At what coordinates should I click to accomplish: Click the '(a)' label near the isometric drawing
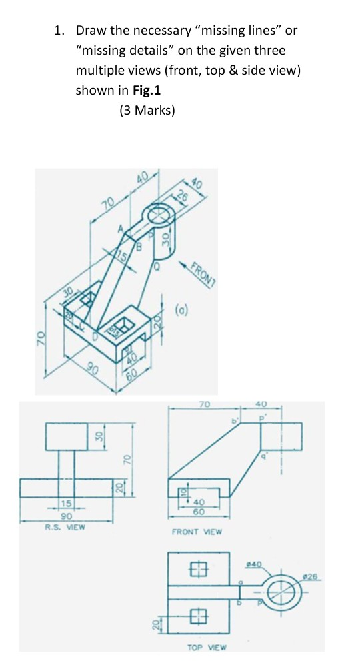tap(180, 309)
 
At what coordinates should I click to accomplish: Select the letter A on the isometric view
tap(121, 229)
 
